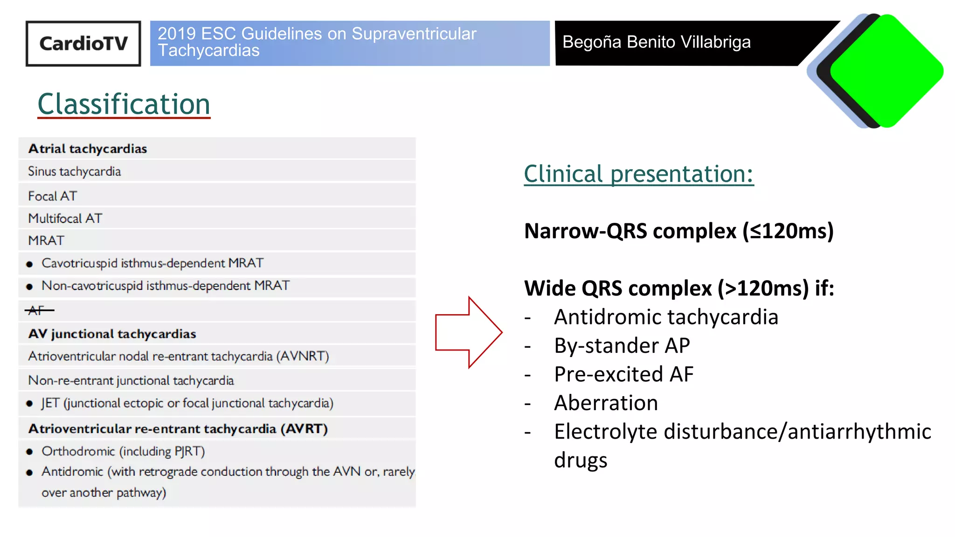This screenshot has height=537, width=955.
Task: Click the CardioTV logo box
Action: [x=83, y=43]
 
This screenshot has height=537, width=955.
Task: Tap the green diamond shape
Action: [x=886, y=71]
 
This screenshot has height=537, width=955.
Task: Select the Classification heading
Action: [x=124, y=104]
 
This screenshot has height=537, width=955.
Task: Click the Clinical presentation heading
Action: [x=638, y=174]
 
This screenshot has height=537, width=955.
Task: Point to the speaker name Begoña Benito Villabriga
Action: [x=656, y=42]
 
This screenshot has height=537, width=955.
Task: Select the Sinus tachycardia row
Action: [x=74, y=172]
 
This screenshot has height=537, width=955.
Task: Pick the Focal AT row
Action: [x=52, y=196]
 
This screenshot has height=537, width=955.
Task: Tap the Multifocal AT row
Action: [x=65, y=218]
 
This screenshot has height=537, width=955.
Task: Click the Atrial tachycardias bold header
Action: [x=88, y=149]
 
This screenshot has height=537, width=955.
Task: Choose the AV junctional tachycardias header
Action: [x=112, y=334]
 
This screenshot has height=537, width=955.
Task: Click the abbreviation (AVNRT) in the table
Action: [x=303, y=357]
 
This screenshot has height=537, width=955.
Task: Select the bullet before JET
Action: [x=30, y=404]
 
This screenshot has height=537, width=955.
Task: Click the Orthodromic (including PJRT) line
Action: [x=123, y=451]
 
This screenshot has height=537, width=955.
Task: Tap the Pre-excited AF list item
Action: [x=623, y=374]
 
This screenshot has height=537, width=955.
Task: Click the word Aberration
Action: [x=606, y=403]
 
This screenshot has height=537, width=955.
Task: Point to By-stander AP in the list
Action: [x=622, y=346]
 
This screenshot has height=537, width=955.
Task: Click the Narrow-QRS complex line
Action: [x=678, y=231]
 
